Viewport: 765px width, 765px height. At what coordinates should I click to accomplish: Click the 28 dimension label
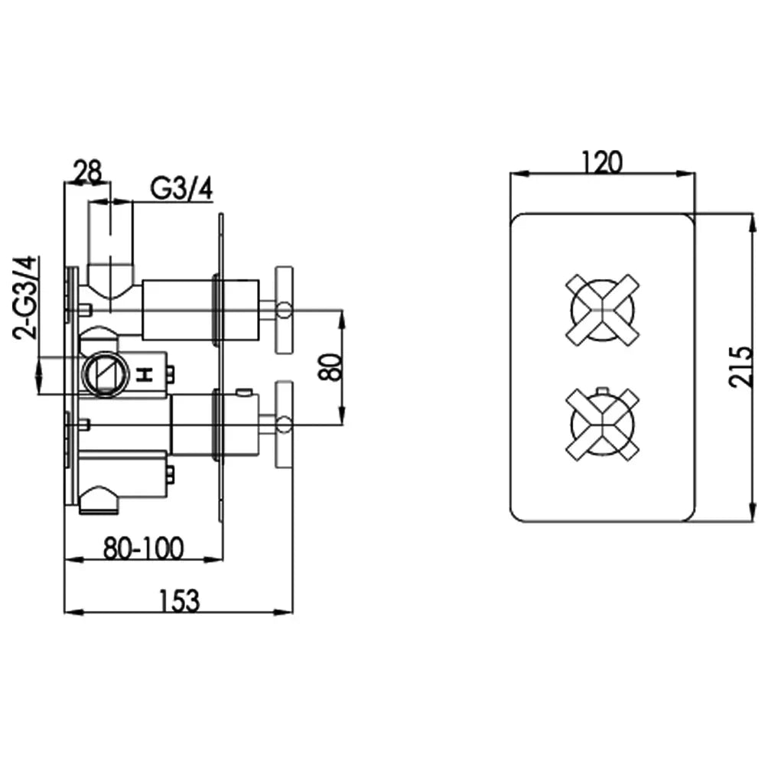[x=88, y=171]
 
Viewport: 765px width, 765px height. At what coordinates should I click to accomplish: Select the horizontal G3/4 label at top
[x=181, y=188]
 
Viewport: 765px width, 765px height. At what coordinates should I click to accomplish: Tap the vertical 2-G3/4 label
[x=25, y=298]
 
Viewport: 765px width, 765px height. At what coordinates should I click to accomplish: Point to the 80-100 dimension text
[x=144, y=549]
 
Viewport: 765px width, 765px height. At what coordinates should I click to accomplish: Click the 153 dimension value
[x=180, y=601]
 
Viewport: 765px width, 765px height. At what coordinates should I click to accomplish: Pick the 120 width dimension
[x=603, y=162]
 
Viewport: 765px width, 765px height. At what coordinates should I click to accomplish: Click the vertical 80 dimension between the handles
[x=330, y=367]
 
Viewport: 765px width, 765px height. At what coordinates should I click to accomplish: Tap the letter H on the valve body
[x=146, y=375]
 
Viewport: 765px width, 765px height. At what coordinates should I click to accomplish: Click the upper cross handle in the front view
[x=603, y=311]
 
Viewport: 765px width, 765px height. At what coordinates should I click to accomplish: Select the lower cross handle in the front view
[x=603, y=424]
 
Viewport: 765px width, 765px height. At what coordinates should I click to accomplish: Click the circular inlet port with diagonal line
[x=106, y=374]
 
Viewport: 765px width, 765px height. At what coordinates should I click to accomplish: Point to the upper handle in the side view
[x=284, y=310]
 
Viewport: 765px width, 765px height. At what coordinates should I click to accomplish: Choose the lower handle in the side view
[x=284, y=425]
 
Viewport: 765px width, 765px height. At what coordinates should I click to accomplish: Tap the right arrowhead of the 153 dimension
[x=284, y=612]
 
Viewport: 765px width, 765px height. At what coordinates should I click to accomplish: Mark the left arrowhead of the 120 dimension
[x=520, y=173]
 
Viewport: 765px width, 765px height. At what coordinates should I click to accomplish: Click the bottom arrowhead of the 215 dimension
[x=751, y=513]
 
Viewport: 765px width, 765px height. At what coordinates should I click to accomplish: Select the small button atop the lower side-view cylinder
[x=244, y=392]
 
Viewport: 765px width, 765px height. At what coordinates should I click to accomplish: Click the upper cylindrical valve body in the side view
[x=200, y=310]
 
